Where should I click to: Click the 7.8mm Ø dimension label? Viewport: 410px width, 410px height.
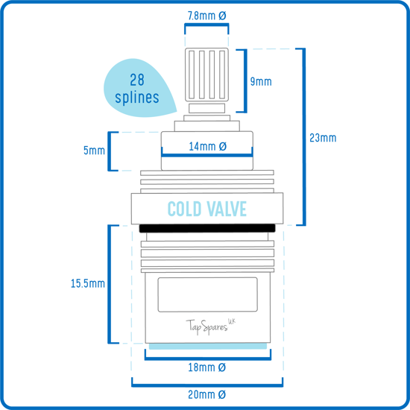206,16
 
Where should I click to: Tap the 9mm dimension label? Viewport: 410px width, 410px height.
261,81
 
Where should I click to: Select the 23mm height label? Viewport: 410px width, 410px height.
323,138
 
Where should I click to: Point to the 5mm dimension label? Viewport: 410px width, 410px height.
94,151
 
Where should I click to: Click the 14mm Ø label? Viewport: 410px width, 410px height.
208,146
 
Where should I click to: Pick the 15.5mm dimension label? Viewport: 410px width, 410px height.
88,283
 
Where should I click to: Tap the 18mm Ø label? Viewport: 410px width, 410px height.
206,368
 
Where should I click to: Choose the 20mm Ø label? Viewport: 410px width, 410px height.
206,394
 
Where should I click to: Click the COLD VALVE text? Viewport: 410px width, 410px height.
207,209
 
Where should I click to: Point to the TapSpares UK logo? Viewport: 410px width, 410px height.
210,327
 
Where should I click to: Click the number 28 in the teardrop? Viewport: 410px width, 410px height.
137,80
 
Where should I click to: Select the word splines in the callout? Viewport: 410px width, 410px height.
137,98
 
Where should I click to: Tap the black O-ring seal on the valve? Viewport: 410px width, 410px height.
207,228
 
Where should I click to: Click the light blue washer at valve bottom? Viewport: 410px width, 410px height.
208,346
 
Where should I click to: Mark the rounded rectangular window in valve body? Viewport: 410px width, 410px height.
208,294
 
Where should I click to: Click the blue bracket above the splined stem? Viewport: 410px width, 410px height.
206,25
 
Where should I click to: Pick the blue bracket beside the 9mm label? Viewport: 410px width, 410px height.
245,81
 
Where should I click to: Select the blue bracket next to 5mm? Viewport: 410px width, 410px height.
110,151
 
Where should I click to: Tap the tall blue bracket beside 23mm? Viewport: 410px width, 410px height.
304,136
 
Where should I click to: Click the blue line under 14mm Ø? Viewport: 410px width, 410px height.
207,155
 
